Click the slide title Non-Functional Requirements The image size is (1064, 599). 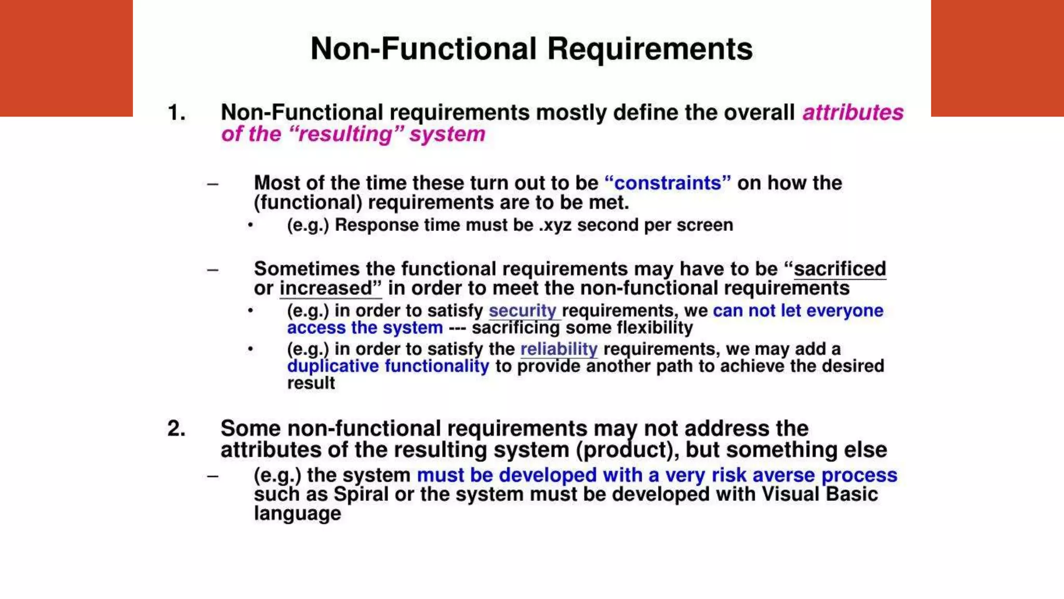click(x=531, y=49)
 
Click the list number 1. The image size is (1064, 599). click(x=177, y=113)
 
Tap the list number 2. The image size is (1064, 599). click(x=177, y=429)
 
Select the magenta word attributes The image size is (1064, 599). click(x=853, y=113)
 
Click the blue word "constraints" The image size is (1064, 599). click(x=668, y=183)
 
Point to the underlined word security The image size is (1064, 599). click(x=523, y=311)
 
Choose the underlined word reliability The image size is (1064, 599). click(x=559, y=349)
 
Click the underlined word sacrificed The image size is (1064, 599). click(x=840, y=269)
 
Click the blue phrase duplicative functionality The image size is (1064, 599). click(x=388, y=366)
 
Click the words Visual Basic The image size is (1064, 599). click(x=819, y=494)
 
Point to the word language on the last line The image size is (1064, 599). click(x=297, y=514)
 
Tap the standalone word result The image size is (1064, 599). click(x=311, y=383)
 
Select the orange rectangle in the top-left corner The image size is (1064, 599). click(x=66, y=58)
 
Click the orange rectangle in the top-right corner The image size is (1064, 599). click(x=997, y=58)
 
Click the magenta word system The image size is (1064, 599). click(x=447, y=134)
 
